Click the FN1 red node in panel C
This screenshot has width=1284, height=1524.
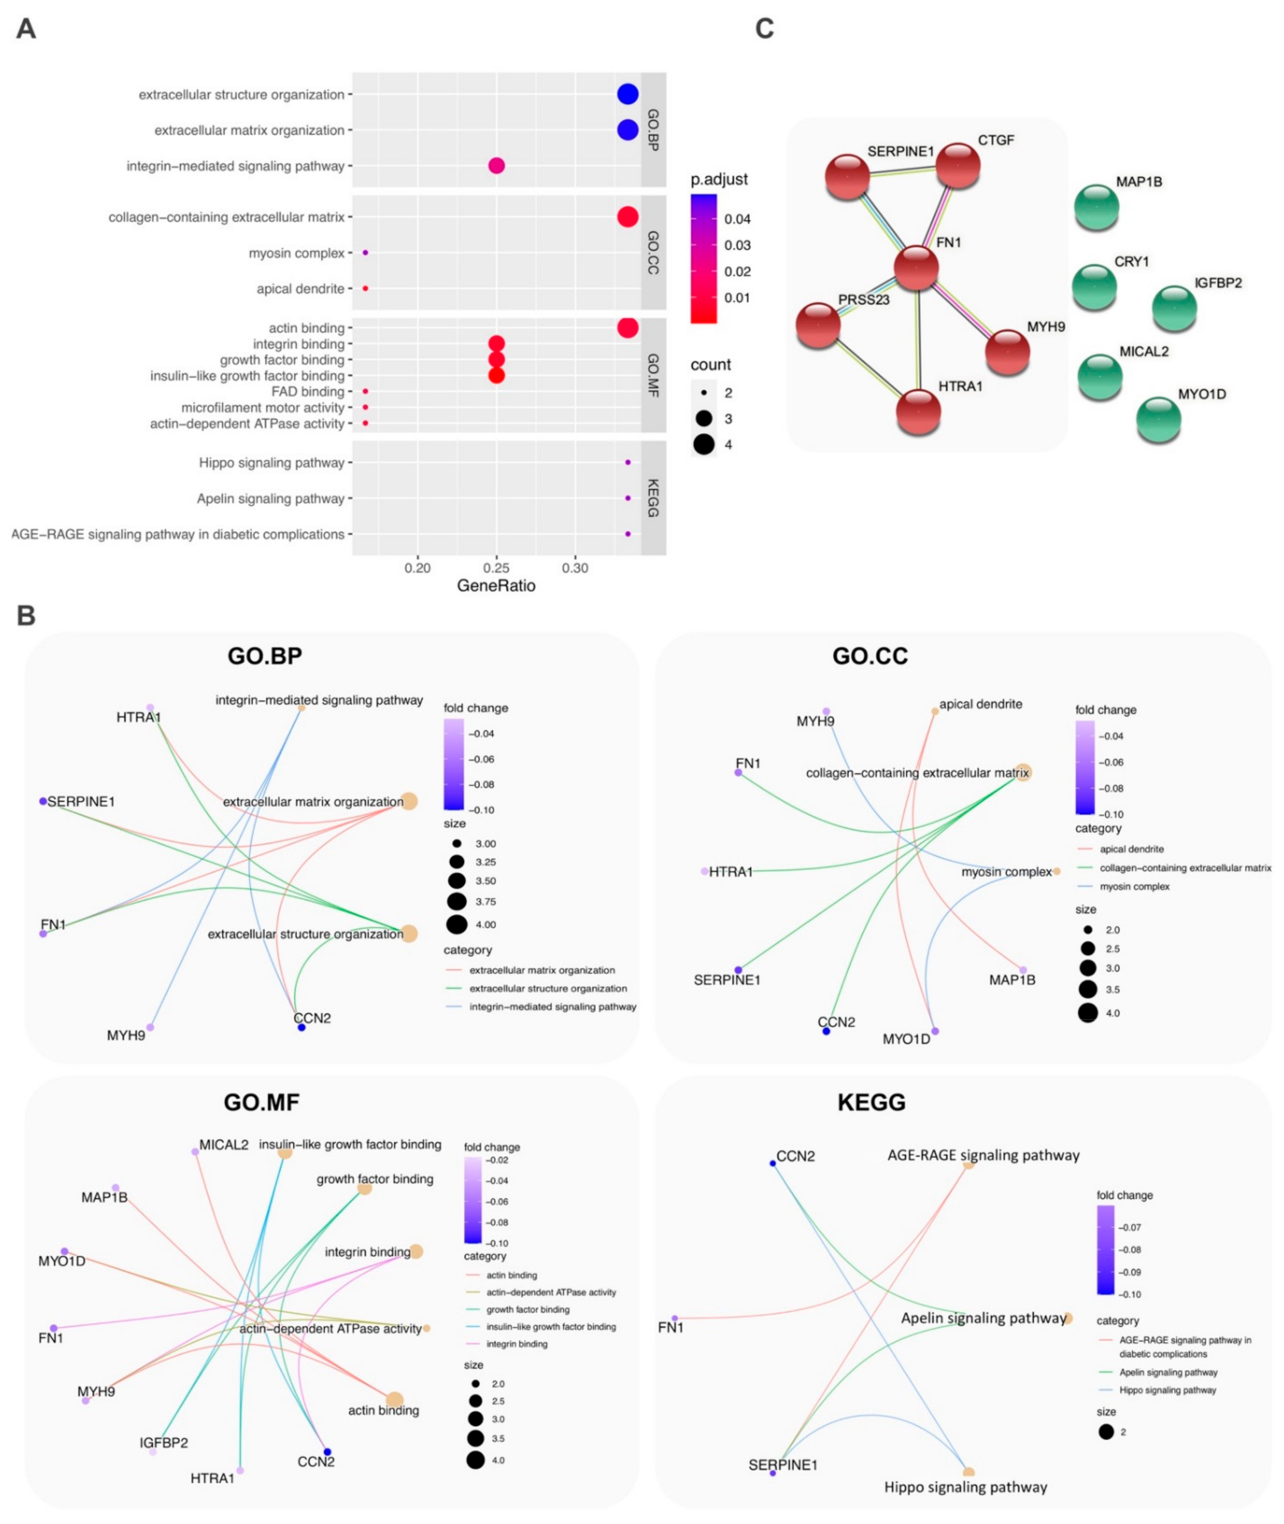coord(916,268)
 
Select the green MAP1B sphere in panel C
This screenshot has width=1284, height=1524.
coord(1096,207)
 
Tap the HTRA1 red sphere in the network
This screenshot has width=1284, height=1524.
coord(919,411)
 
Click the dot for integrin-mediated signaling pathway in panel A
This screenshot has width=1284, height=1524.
coord(496,166)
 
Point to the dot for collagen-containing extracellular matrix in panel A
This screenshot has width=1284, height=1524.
coord(628,217)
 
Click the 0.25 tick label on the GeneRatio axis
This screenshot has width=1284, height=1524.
coord(496,568)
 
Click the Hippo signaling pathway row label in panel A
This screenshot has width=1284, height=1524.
coord(271,463)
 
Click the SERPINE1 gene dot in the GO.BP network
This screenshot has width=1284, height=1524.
coord(43,801)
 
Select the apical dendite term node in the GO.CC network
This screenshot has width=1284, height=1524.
coord(935,711)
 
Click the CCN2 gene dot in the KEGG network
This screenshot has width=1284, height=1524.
coord(773,1163)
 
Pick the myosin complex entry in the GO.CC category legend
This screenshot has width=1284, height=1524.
coord(1134,886)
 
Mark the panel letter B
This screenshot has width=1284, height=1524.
coord(26,616)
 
